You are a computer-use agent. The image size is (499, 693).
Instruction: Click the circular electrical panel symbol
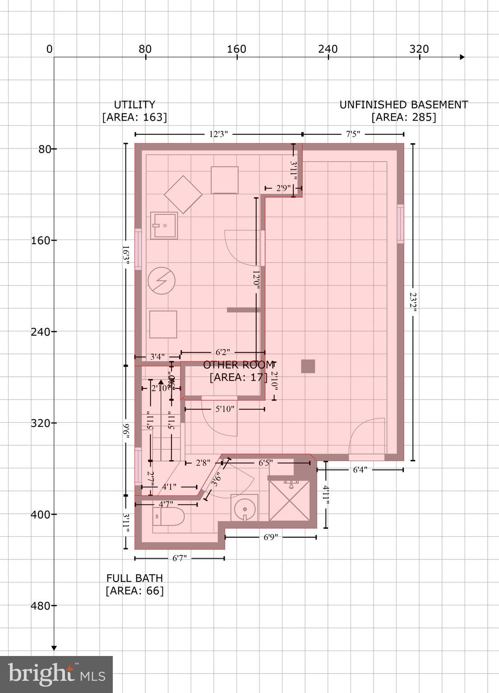(x=161, y=281)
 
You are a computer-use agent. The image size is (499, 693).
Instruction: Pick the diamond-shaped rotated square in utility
(x=183, y=194)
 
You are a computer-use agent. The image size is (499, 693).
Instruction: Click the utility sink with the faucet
(x=163, y=225)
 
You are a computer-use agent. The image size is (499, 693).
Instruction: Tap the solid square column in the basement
(x=308, y=366)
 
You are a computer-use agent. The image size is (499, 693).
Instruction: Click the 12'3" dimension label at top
(x=218, y=134)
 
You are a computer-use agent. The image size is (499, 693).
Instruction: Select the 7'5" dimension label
(x=353, y=134)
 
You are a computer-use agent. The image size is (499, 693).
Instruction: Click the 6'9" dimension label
(x=270, y=537)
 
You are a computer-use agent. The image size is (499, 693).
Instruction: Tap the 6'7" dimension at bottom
(x=179, y=559)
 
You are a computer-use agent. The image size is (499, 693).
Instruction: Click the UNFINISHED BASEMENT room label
(x=403, y=105)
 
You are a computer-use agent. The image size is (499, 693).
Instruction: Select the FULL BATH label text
(x=134, y=578)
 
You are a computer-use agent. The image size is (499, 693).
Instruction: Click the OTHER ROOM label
(x=238, y=365)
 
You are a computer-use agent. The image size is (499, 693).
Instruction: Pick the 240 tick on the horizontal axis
(x=328, y=49)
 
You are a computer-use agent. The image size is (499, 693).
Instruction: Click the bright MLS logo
(x=56, y=674)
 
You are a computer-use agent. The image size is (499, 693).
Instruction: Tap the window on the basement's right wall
(x=400, y=224)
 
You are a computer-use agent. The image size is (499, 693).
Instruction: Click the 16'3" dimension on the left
(x=126, y=256)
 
